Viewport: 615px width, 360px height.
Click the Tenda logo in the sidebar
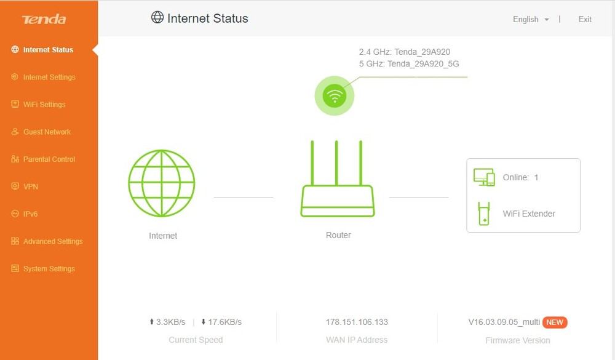[x=44, y=19]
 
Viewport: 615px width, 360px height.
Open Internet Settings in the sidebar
[x=49, y=77]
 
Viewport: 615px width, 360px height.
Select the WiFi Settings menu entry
[x=44, y=105]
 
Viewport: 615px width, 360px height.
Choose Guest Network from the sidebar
[x=47, y=132]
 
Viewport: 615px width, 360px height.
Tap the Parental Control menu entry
[x=49, y=159]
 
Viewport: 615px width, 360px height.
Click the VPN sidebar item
[x=31, y=186]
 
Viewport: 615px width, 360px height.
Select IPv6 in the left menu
[x=31, y=214]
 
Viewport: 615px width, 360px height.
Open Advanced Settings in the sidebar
[x=52, y=241]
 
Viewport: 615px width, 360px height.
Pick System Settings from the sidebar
[x=49, y=269]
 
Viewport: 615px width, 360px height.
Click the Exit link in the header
[x=585, y=19]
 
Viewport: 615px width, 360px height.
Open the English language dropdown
[x=531, y=19]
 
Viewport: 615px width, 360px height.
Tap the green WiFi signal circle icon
[x=335, y=95]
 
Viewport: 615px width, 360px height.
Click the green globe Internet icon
[x=162, y=183]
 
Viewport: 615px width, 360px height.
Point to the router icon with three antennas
[x=337, y=179]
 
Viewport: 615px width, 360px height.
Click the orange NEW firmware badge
[x=555, y=322]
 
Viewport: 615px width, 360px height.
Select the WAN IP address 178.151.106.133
[x=357, y=322]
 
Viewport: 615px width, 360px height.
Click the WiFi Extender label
[x=529, y=214]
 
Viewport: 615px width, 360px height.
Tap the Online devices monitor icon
[x=484, y=177]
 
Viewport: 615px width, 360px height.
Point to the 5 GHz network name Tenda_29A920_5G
[x=423, y=63]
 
